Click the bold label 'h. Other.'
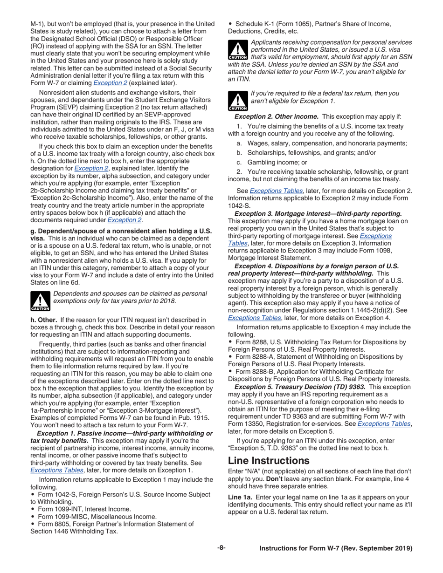pos(43,320)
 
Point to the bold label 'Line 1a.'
pos(240,497)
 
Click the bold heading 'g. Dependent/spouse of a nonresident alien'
pos(121,231)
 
